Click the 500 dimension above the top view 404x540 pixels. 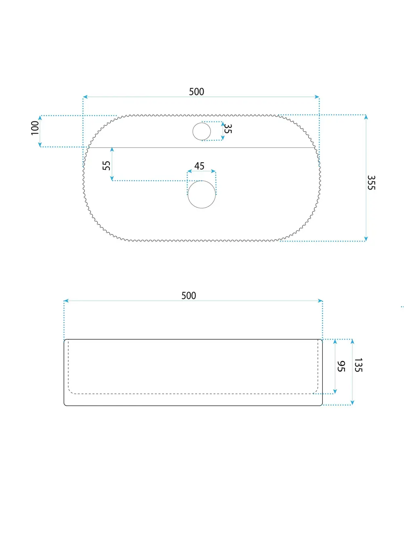point(196,92)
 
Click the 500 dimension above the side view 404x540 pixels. point(189,296)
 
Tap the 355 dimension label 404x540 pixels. point(371,183)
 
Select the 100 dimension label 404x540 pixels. point(35,128)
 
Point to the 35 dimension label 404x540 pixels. point(228,129)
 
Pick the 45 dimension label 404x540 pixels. point(199,166)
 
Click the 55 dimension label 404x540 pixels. point(107,166)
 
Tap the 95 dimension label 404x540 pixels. point(341,366)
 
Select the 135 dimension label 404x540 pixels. point(358,365)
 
